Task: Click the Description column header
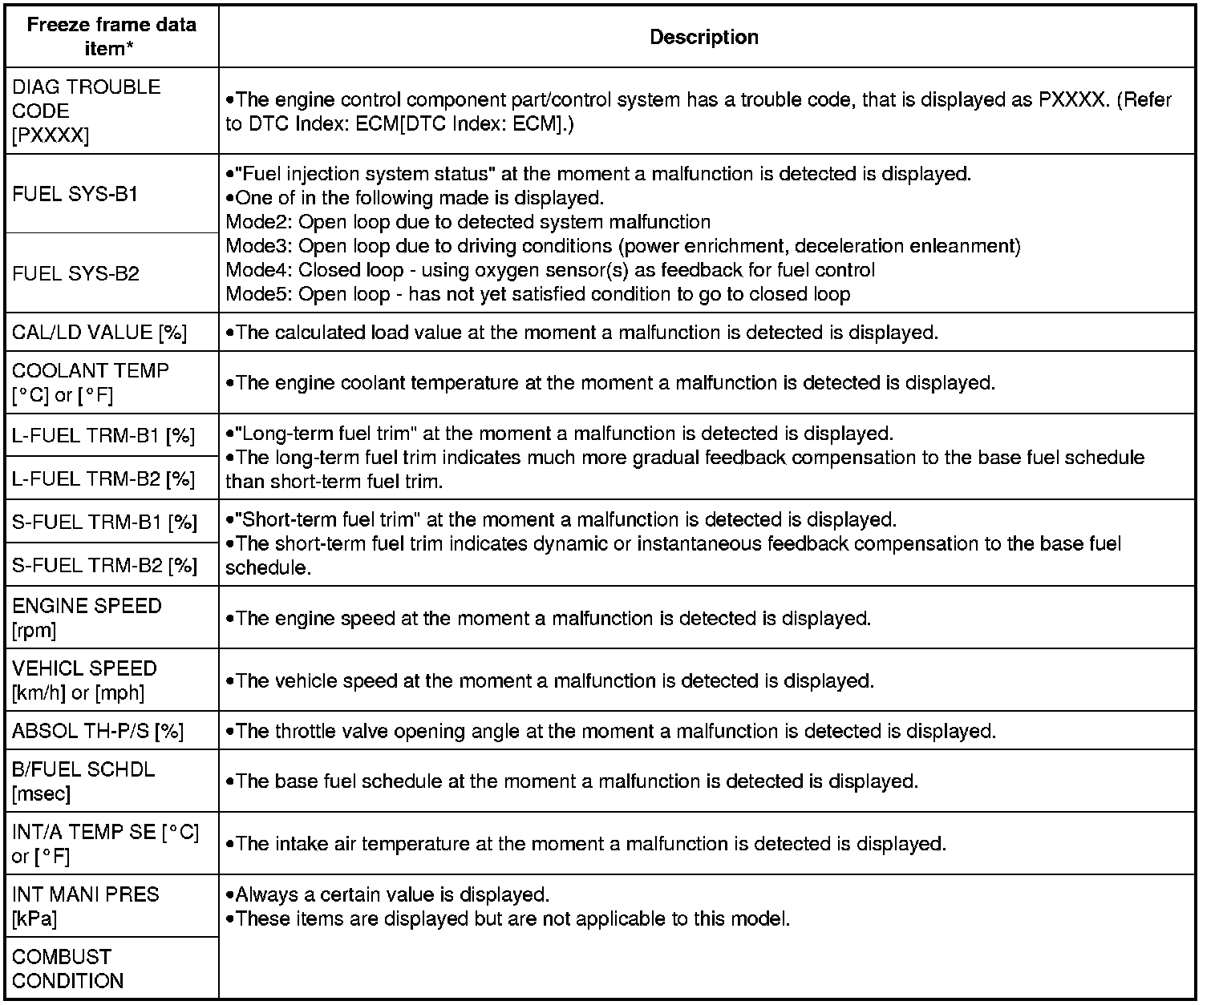(703, 37)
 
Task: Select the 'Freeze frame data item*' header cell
(111, 36)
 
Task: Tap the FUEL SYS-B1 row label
(76, 195)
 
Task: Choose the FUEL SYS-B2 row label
(76, 274)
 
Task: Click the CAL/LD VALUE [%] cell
(99, 333)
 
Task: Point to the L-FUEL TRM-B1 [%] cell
(103, 436)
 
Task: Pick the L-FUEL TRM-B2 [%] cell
(103, 479)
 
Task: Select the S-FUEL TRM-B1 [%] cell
(104, 523)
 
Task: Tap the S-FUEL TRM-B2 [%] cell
(104, 566)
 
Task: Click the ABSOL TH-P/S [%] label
(98, 731)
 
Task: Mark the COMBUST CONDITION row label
(67, 969)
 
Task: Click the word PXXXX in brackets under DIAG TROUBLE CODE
(51, 135)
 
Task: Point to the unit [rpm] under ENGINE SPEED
(34, 631)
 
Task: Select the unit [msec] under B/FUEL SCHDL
(41, 794)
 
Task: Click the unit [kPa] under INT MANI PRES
(34, 919)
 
